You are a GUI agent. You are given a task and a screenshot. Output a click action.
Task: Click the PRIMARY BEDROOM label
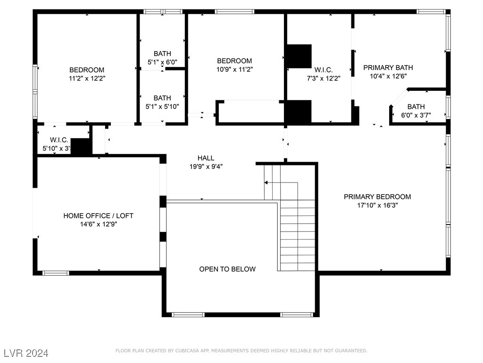point(377,197)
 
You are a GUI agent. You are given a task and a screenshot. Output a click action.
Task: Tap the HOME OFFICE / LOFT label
point(98,216)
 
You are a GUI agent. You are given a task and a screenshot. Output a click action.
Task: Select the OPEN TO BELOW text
point(227,269)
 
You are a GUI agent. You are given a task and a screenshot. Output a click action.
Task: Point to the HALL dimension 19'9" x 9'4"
point(206,166)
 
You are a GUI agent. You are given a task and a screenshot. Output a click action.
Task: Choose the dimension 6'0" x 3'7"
point(416,115)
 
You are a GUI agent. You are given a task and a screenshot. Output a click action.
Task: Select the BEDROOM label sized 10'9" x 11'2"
point(234,60)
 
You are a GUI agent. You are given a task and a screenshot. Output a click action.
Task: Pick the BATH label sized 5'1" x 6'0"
point(162,53)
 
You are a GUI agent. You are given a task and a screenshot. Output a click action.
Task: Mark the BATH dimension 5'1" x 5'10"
point(162,106)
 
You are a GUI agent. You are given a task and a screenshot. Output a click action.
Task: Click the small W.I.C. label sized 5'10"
point(59,140)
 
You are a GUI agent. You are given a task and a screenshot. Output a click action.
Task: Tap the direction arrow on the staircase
point(266,182)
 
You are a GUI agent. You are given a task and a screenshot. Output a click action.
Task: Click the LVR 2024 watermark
point(26,353)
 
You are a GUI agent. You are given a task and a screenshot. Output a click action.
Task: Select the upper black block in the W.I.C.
point(300,56)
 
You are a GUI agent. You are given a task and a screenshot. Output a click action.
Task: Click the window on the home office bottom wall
point(56,273)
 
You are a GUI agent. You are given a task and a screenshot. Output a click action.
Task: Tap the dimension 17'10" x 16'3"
point(377,205)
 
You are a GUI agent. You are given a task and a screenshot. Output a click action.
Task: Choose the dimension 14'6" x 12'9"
point(98,224)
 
